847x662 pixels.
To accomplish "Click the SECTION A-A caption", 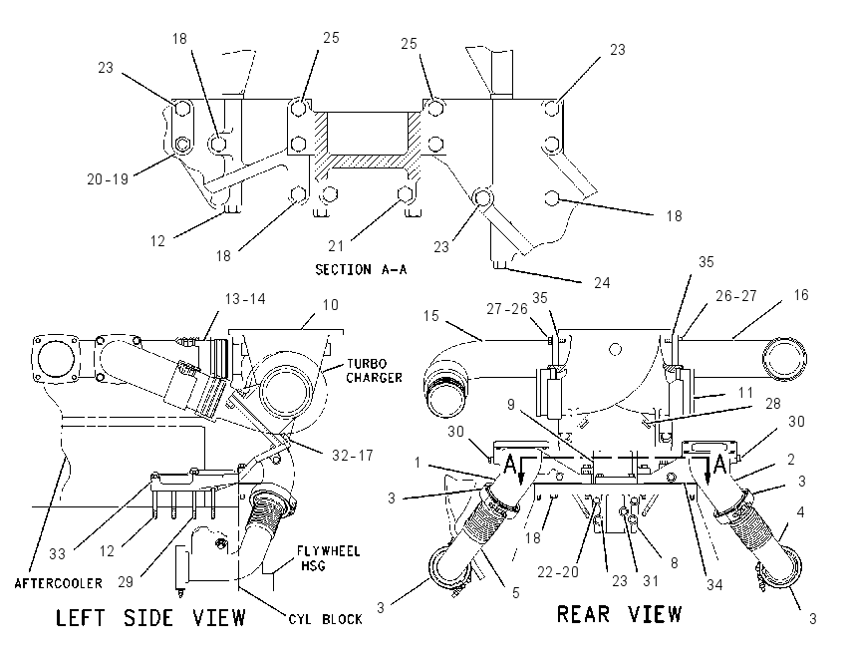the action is (361, 269).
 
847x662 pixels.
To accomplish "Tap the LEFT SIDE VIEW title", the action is (150, 618).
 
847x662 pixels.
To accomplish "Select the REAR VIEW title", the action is (619, 614).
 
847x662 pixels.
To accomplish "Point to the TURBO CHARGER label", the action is (375, 371).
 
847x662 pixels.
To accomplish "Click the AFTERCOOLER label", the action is (59, 583).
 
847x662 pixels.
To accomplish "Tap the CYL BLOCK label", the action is (325, 619).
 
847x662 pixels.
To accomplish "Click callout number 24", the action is (602, 282).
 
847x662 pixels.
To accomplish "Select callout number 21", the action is (336, 246).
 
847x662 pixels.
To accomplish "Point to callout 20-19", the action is (108, 178).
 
